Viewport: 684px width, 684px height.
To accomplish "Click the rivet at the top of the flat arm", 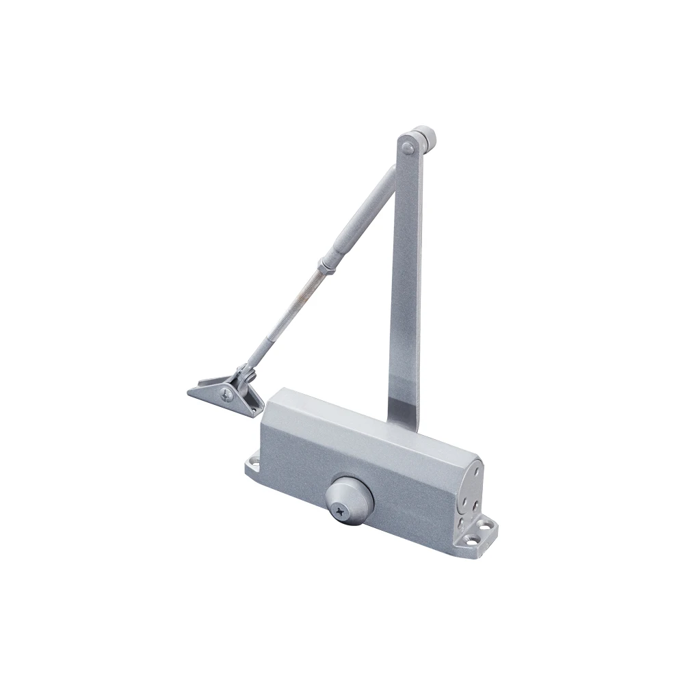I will coord(408,146).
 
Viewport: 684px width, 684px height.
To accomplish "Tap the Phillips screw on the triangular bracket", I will coord(227,393).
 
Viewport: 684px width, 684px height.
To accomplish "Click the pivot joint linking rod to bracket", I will coord(244,375).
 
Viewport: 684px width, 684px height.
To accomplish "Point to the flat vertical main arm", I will coord(405,274).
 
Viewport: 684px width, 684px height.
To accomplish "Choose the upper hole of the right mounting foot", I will coord(487,525).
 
